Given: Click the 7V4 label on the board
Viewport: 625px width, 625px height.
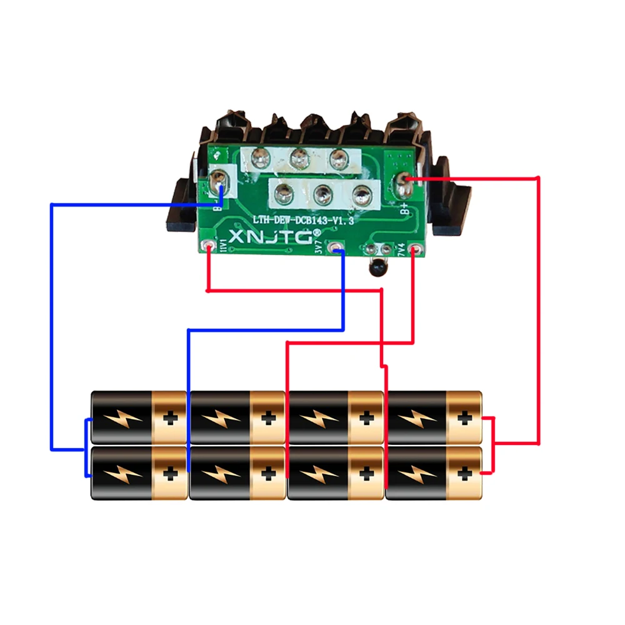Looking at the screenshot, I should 401,248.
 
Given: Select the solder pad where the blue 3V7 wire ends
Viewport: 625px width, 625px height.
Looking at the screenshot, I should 337,249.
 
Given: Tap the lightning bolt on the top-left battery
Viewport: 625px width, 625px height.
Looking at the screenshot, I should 122,417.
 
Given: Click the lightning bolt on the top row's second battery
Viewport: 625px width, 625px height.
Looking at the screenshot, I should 221,417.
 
